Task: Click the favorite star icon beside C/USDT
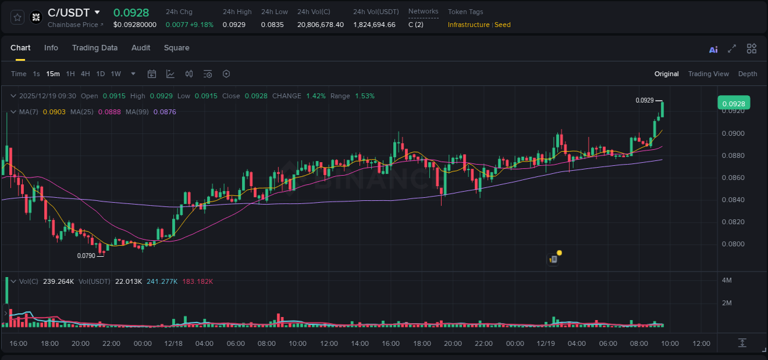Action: [18, 17]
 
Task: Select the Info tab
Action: [51, 48]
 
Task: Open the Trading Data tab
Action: [95, 48]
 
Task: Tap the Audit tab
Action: [141, 48]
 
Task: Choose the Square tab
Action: [176, 48]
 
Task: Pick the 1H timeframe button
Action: [70, 74]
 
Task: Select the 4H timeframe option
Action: [85, 74]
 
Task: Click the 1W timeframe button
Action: [116, 74]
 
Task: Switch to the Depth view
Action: [747, 74]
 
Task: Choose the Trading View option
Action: [708, 74]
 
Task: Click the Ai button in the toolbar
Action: [713, 50]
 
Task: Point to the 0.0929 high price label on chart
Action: [645, 100]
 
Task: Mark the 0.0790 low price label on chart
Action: [86, 256]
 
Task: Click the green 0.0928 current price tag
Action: [733, 103]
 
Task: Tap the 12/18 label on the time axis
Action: [173, 343]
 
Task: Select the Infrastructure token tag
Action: [468, 25]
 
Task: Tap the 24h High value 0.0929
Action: [234, 25]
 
